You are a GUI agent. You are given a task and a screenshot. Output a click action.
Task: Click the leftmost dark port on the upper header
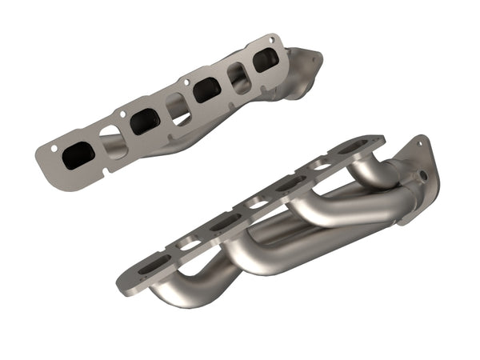click(78, 155)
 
